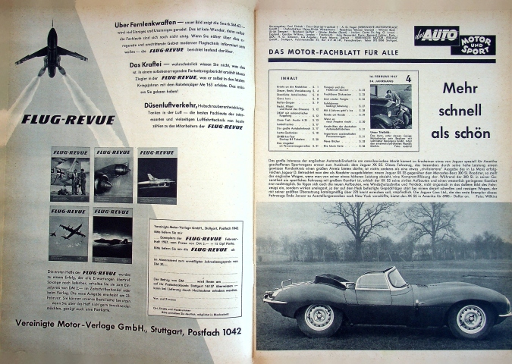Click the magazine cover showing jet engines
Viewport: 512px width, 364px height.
coord(113,175)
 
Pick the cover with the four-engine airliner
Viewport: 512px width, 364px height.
coord(69,234)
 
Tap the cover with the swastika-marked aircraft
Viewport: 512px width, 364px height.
coord(69,175)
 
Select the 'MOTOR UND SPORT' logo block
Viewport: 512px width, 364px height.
coord(473,39)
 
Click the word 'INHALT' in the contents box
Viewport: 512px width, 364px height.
coord(290,77)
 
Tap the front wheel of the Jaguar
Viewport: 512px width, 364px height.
coord(472,320)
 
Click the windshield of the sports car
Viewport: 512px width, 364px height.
coord(397,278)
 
